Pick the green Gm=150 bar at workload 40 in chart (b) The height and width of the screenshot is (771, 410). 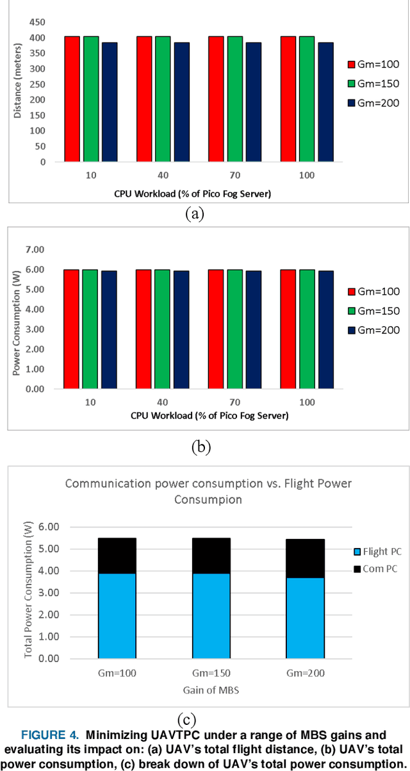click(163, 329)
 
